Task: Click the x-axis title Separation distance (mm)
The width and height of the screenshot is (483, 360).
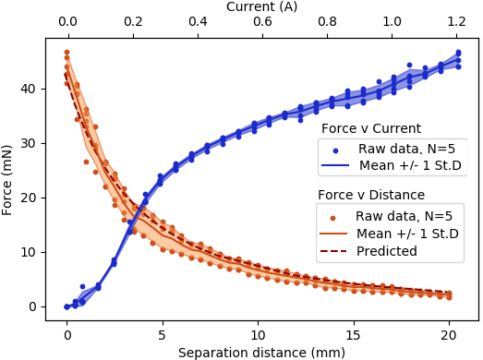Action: (262, 351)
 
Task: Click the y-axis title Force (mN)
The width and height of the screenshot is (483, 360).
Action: (8, 180)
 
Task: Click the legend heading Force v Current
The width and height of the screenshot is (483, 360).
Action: (370, 128)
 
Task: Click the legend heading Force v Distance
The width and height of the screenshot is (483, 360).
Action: (370, 195)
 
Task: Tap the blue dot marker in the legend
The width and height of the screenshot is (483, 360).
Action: (336, 149)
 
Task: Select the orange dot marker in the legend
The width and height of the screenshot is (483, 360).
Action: (334, 215)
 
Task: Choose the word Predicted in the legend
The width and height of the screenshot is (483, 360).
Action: (386, 249)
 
